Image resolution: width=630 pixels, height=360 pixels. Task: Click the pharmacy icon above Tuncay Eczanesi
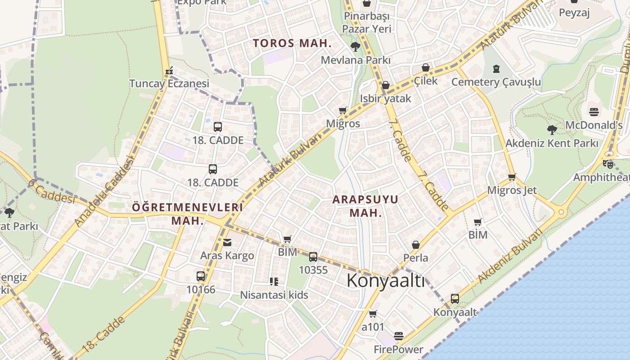pyautogui.click(x=169, y=71)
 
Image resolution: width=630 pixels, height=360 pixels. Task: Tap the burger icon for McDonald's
pyautogui.click(x=594, y=112)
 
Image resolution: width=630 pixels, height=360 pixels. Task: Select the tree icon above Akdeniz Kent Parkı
pyautogui.click(x=552, y=130)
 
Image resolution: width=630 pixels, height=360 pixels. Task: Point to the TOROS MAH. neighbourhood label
pyautogui.click(x=292, y=44)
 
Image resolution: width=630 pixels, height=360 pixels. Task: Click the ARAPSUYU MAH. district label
pyautogui.click(x=365, y=206)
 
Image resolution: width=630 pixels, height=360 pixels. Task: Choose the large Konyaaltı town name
pyautogui.click(x=386, y=281)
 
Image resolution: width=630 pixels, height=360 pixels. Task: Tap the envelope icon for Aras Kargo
pyautogui.click(x=227, y=243)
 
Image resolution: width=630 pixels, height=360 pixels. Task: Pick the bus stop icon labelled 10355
pyautogui.click(x=313, y=257)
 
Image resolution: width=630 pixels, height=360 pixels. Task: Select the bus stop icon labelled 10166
pyautogui.click(x=201, y=276)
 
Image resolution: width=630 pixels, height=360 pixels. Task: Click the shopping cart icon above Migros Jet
pyautogui.click(x=512, y=177)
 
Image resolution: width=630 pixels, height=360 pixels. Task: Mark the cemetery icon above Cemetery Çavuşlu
pyautogui.click(x=496, y=69)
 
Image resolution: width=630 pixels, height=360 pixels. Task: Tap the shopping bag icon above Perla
pyautogui.click(x=415, y=245)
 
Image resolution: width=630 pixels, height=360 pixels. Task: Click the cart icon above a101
pyautogui.click(x=373, y=314)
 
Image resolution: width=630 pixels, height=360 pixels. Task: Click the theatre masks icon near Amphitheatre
pyautogui.click(x=608, y=164)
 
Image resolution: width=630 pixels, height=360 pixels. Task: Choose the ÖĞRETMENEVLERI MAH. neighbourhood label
pyautogui.click(x=187, y=214)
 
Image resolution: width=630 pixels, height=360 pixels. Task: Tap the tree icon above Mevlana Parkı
pyautogui.click(x=355, y=46)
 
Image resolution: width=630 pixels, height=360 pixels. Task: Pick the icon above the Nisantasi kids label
pyautogui.click(x=274, y=282)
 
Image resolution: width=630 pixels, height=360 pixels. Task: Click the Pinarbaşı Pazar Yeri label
pyautogui.click(x=367, y=22)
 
